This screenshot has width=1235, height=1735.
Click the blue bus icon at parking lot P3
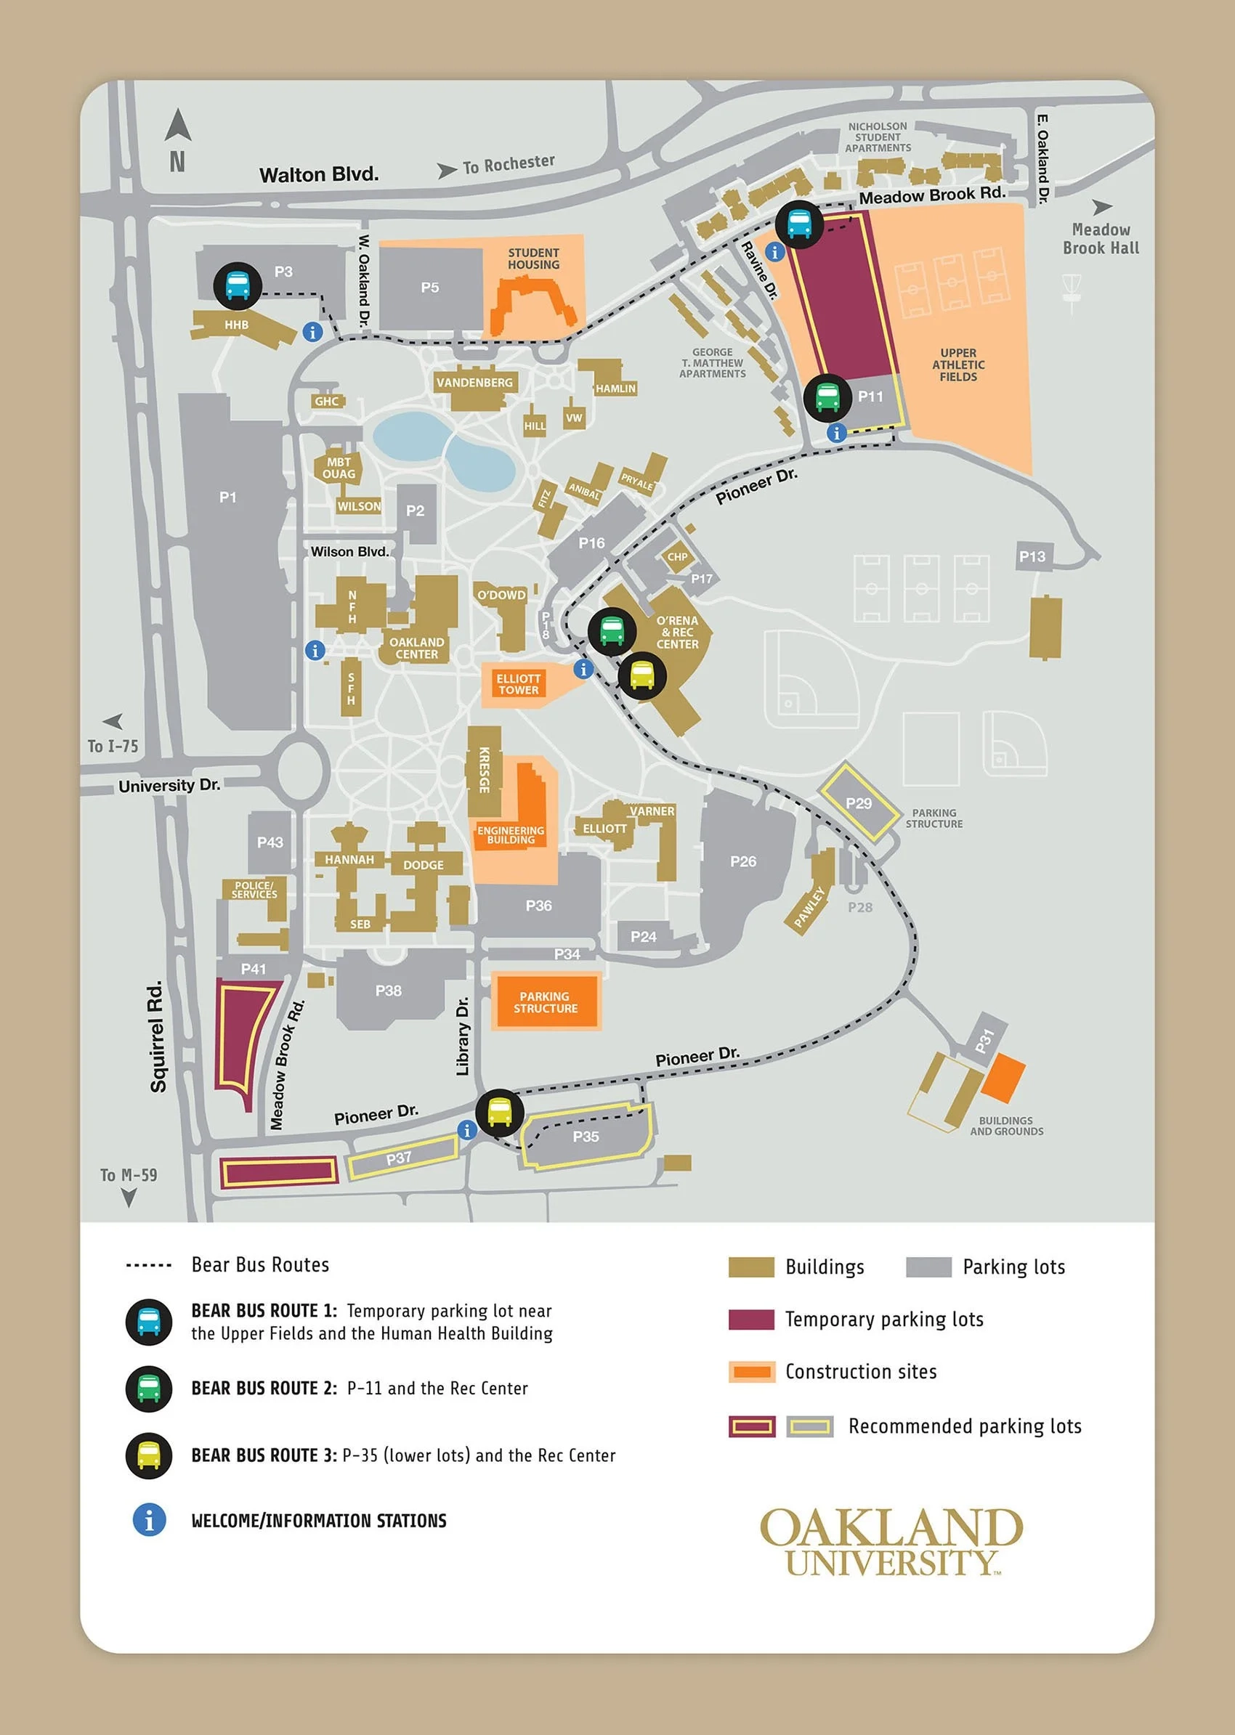(238, 285)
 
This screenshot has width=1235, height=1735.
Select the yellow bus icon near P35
(499, 1113)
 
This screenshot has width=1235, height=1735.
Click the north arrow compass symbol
(177, 126)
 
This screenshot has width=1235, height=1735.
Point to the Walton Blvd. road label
(319, 175)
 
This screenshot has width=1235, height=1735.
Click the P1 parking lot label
(227, 497)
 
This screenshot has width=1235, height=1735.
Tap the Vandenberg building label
(474, 383)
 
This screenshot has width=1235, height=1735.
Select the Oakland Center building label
(416, 648)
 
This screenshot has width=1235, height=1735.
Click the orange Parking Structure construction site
(546, 1002)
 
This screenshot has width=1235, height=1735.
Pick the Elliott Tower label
(518, 684)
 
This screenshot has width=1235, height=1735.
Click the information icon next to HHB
(312, 331)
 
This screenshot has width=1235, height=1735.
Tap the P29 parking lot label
(859, 803)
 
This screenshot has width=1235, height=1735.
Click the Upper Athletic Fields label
(957, 365)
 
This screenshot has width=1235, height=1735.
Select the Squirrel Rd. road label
(157, 1036)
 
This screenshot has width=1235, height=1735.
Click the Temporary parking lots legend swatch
(750, 1319)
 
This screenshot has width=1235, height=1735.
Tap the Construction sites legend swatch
(750, 1372)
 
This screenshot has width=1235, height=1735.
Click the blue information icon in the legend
(149, 1520)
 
